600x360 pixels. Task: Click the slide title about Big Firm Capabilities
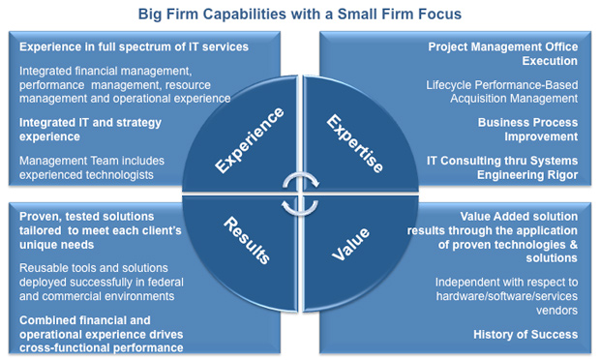(299, 14)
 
